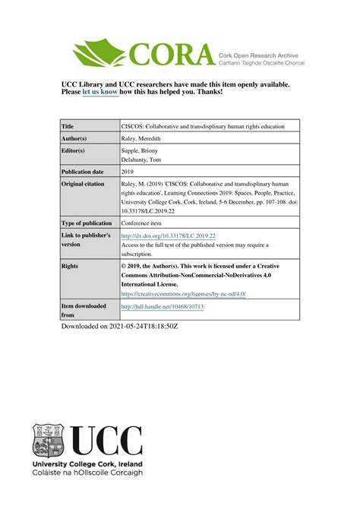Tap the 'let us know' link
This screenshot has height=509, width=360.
tap(100, 92)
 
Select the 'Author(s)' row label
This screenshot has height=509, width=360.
tap(74, 139)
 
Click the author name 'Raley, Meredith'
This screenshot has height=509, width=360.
tap(144, 139)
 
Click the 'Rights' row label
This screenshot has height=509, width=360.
tap(70, 267)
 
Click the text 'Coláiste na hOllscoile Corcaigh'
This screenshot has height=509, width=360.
tap(87, 473)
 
